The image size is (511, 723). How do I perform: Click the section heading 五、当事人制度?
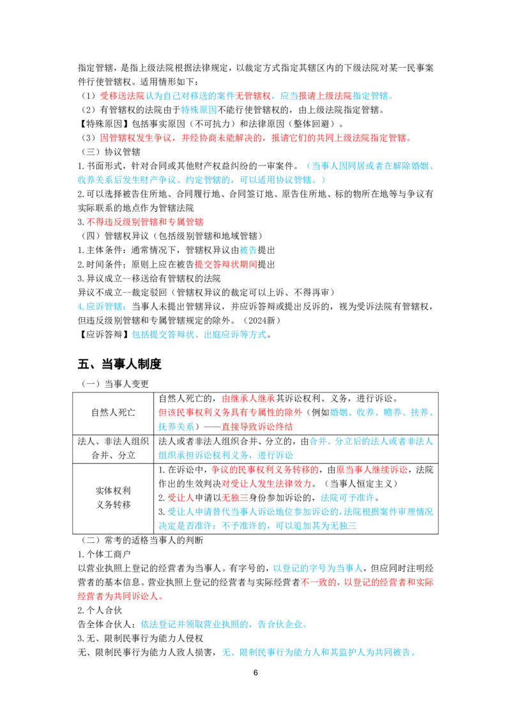pyautogui.click(x=119, y=364)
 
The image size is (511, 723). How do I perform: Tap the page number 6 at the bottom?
pyautogui.click(x=256, y=673)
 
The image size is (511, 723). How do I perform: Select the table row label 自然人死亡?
pyautogui.click(x=113, y=412)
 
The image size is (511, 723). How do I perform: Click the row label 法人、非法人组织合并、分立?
pyautogui.click(x=113, y=448)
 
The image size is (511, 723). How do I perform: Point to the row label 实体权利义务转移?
pyautogui.click(x=113, y=498)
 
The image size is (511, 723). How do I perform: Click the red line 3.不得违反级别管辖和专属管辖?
pyautogui.click(x=140, y=222)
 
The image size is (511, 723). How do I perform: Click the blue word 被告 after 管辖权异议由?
pyautogui.click(x=248, y=250)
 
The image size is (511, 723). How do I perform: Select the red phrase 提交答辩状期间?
pyautogui.click(x=225, y=264)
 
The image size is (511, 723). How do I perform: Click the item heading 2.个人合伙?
pyautogui.click(x=100, y=610)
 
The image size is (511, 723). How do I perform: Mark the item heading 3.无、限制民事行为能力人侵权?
pyautogui.click(x=140, y=638)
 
